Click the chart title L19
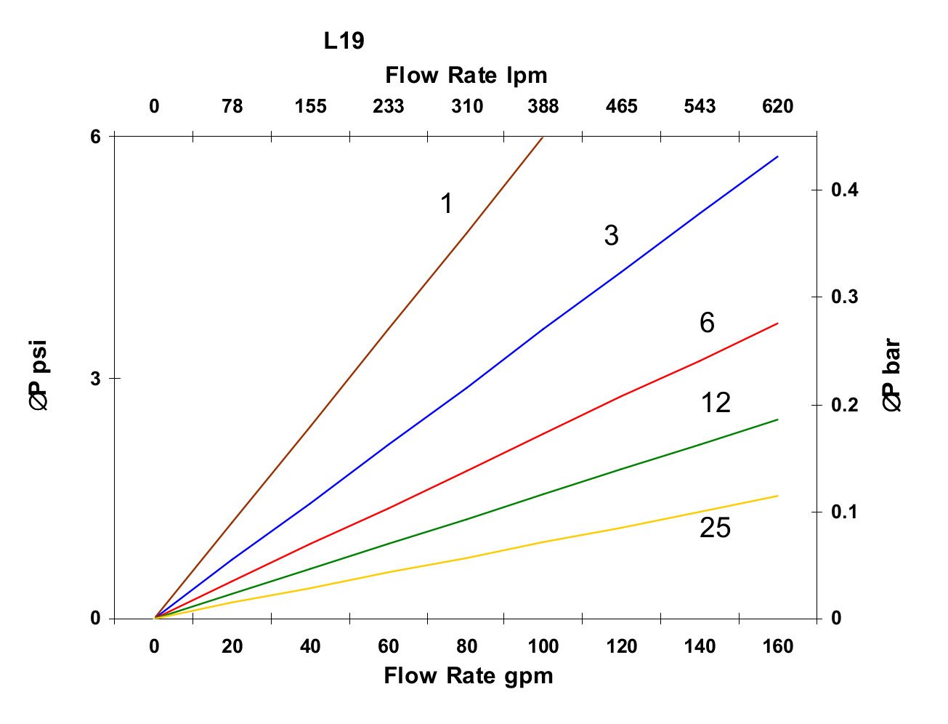coord(344,41)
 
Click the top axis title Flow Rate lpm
coord(466,75)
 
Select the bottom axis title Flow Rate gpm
coord(468,676)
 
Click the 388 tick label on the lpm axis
coord(543,107)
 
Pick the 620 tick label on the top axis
coord(777,107)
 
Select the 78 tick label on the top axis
coord(232,107)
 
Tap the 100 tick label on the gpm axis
coord(543,646)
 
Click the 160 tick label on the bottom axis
coord(777,646)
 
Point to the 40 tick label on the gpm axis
coord(310,646)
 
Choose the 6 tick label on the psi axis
coord(94,137)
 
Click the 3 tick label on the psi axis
coord(94,378)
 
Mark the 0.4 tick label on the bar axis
coord(844,190)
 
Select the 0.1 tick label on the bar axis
coord(844,512)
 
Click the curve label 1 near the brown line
coord(447,204)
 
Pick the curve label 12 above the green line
coord(716,403)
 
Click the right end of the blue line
coord(777,156)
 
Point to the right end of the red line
coord(777,323)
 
